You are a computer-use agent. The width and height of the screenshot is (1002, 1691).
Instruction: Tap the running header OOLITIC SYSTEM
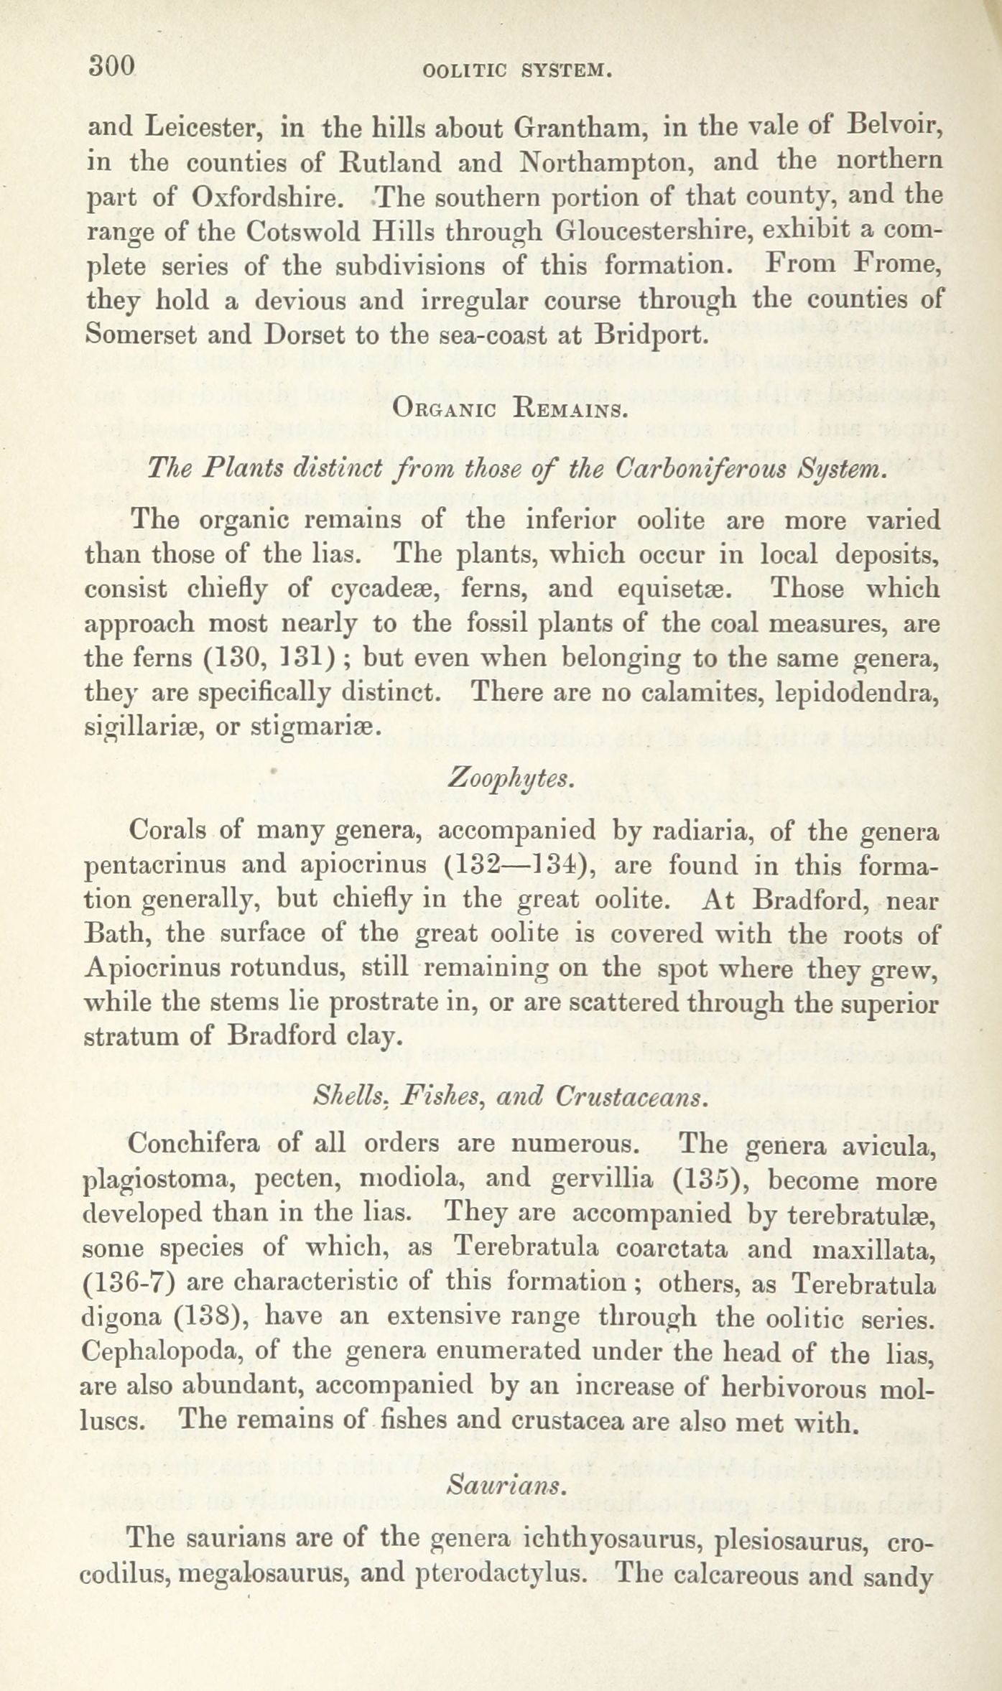pos(517,71)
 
